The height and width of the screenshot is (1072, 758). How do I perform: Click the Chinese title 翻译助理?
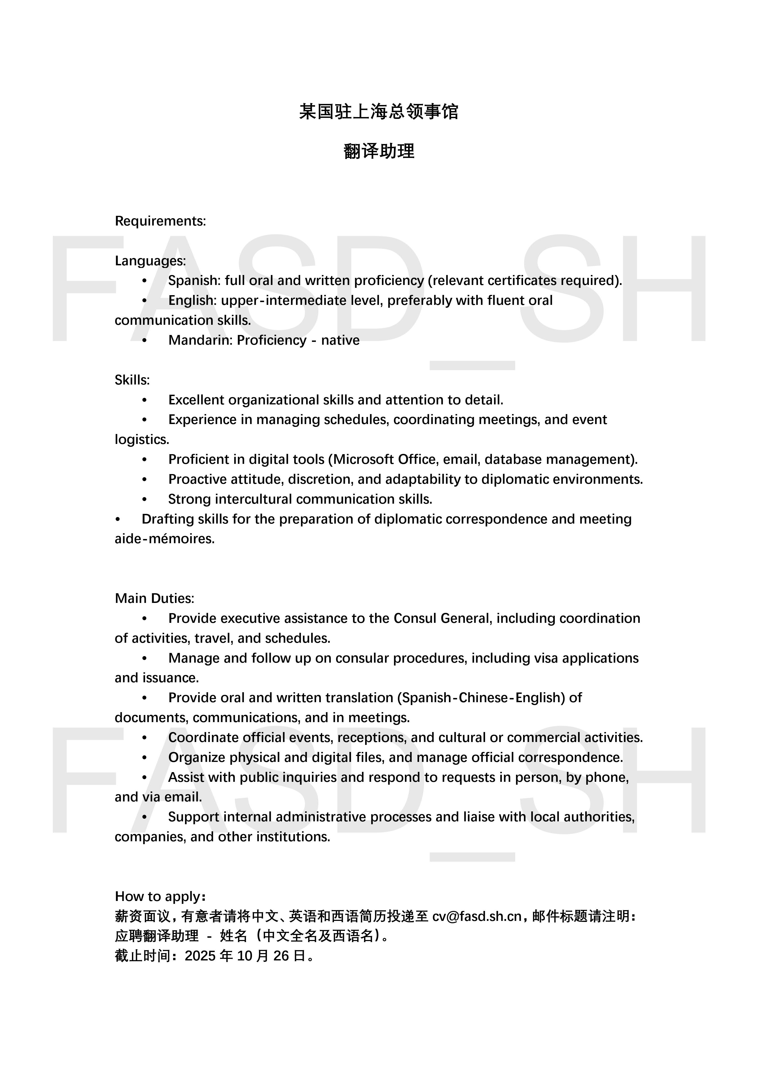(x=379, y=151)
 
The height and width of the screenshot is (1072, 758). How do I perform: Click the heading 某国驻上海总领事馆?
(x=379, y=112)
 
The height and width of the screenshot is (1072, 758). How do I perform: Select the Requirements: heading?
(x=160, y=221)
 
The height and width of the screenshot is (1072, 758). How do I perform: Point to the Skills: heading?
(x=132, y=380)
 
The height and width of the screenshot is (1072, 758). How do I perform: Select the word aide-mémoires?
(x=164, y=539)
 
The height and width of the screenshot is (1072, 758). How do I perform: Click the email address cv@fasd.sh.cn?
(x=476, y=916)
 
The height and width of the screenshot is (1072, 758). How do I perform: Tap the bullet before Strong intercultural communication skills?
(x=144, y=499)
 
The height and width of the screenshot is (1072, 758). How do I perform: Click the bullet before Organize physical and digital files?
(x=144, y=757)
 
